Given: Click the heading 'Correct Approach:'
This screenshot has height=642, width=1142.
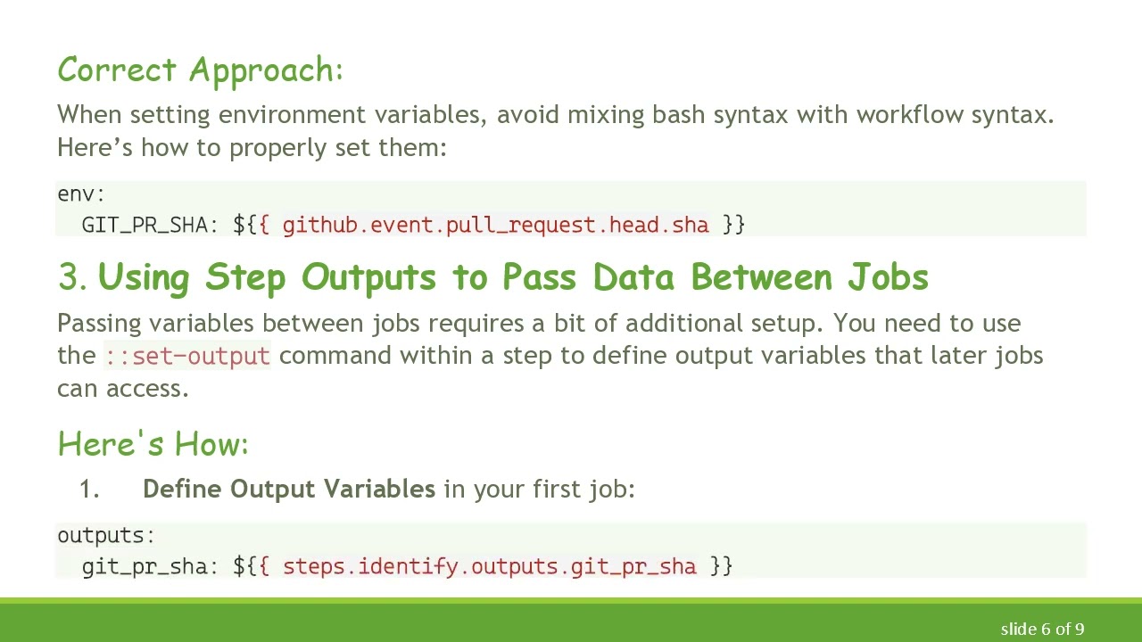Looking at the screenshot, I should coord(200,70).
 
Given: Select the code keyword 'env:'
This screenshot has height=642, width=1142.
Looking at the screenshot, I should coord(81,194).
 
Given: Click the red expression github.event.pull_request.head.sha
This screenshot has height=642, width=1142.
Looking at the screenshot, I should coord(495,225).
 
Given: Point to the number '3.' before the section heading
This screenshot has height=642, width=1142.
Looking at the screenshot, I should coord(72,278).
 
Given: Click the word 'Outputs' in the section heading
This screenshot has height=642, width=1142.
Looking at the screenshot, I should coord(368,278).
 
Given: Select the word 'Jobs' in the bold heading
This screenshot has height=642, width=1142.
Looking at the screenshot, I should coord(888,278).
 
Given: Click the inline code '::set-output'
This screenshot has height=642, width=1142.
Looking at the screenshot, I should coord(187,356).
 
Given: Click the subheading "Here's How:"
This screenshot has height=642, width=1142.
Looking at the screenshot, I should coord(153,444).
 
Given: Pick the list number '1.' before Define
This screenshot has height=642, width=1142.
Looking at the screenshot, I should coord(89,490).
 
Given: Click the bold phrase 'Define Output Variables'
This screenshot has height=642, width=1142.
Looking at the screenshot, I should coord(288,490).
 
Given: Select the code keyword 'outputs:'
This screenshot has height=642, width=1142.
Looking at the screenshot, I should coord(106,536).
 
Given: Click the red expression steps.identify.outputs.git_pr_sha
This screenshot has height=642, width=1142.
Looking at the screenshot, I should coord(489,566).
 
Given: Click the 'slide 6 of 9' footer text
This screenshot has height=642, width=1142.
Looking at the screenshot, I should coord(1042,630).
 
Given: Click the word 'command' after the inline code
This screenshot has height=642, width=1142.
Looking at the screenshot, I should coord(335,356).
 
